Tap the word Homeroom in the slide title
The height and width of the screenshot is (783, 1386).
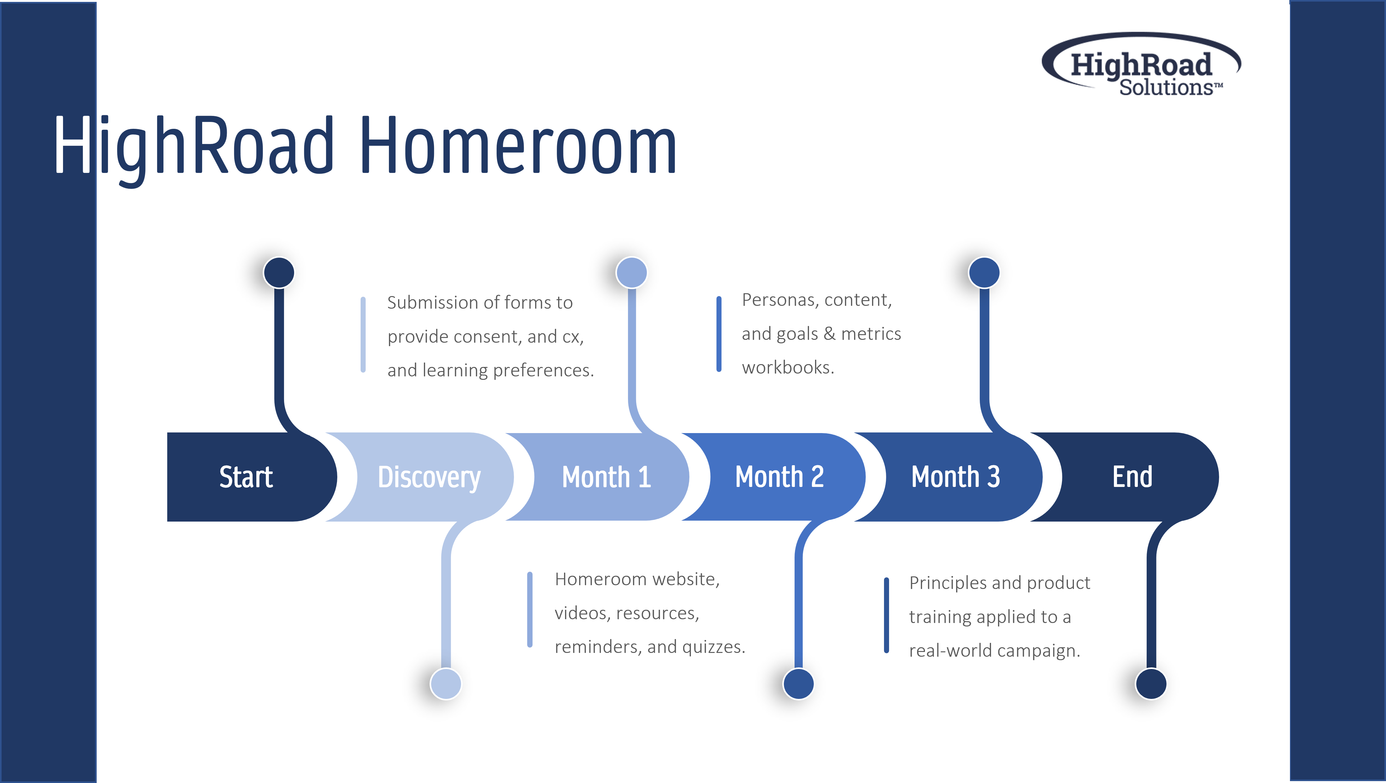(518, 145)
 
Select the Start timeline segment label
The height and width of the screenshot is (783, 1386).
(246, 477)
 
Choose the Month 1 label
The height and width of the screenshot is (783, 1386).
(606, 477)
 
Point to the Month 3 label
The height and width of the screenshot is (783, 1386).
(955, 477)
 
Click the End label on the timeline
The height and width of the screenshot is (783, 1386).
(1132, 477)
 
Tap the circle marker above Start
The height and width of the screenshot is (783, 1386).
(279, 272)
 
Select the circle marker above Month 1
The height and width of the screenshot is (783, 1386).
(632, 272)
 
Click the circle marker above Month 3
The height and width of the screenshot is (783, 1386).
(984, 272)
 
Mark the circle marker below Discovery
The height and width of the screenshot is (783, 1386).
(446, 683)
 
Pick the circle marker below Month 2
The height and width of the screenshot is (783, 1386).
(798, 683)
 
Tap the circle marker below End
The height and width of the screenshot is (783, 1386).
(1151, 683)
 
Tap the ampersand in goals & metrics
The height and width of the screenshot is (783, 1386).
(830, 333)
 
